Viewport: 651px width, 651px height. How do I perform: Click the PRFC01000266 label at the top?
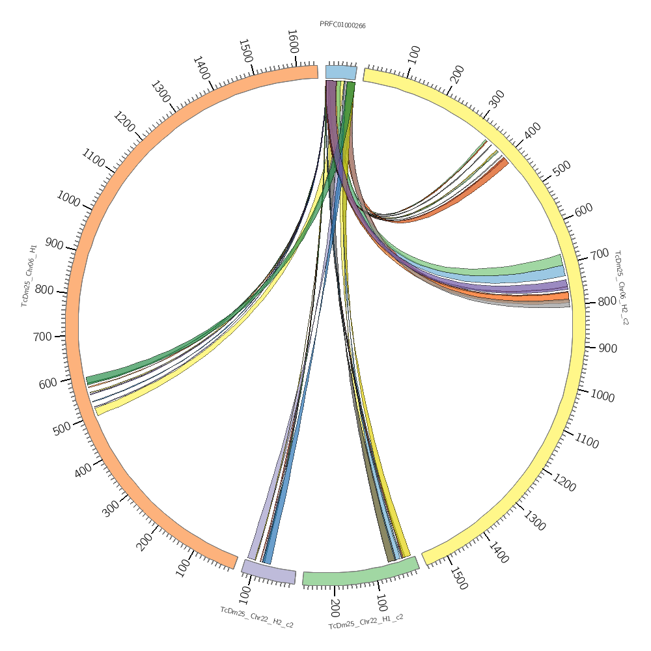point(342,25)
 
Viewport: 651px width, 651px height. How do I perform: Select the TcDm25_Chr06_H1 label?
point(29,275)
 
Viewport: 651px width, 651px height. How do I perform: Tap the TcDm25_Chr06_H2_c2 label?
point(622,287)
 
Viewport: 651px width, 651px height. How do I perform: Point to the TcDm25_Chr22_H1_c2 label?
point(366,621)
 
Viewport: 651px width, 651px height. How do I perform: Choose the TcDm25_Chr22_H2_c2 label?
point(256,617)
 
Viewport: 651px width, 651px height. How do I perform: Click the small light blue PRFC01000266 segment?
point(341,72)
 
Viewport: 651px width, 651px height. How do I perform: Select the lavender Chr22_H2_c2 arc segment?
point(269,571)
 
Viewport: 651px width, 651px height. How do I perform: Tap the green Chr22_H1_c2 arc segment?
point(360,574)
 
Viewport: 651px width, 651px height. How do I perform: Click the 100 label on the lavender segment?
point(245,594)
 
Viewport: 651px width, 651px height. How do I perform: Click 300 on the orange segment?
point(111,508)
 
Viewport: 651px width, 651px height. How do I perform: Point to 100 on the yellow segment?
point(414,54)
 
